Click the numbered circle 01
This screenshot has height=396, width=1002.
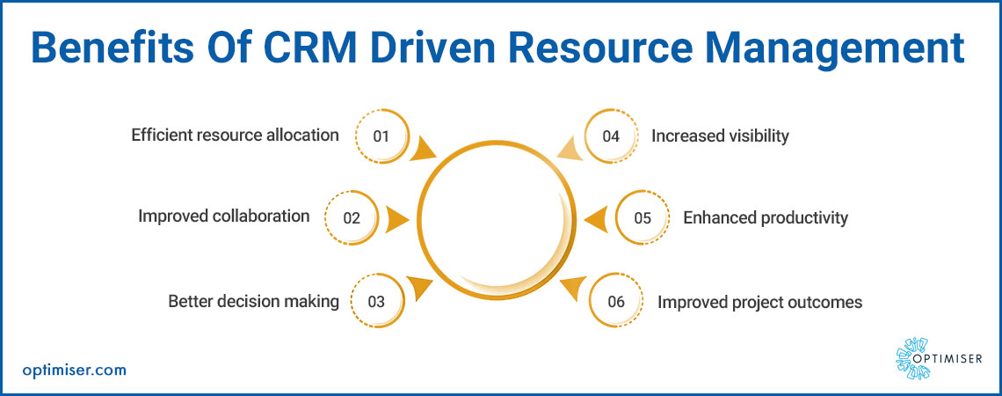[381, 136]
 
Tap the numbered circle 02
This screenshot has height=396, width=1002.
[352, 217]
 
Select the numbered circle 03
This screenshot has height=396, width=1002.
[377, 301]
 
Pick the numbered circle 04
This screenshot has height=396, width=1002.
[612, 136]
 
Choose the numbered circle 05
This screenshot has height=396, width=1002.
[643, 217]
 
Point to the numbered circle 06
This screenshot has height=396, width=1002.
[616, 301]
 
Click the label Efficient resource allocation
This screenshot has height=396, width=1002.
[235, 136]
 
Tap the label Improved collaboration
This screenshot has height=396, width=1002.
[223, 216]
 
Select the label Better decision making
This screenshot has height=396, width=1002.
[253, 301]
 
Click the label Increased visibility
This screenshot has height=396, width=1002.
[720, 136]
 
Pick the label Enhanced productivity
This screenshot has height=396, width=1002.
[765, 217]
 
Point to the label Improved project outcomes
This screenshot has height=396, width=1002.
[759, 302]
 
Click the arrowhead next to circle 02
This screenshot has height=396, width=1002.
[398, 218]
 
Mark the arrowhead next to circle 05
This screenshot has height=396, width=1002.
[596, 218]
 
